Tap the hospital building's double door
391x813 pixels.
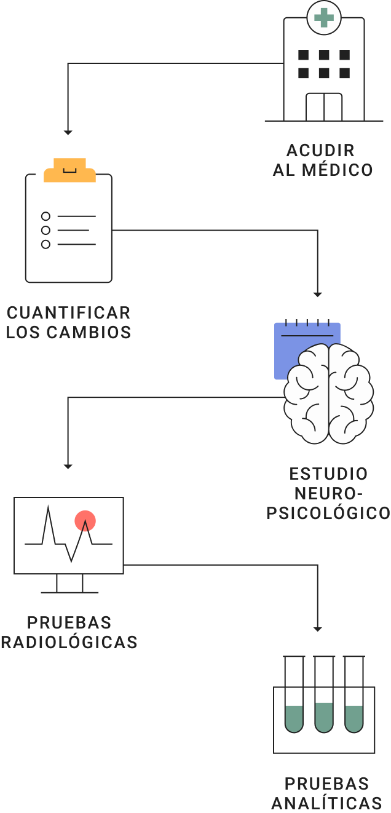point(324,107)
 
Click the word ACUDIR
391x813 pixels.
point(320,151)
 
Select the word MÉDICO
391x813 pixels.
point(338,170)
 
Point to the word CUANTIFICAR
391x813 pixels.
point(68,312)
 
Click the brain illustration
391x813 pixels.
point(329,394)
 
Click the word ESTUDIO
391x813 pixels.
point(328,474)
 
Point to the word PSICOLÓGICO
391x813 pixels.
point(328,513)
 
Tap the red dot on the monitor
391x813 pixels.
point(85,521)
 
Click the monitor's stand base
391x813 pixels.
point(69,592)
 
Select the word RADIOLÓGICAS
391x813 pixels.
point(69,642)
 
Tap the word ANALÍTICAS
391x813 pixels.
point(326,803)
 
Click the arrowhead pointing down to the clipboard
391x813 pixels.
point(68,132)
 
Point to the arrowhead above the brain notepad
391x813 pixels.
point(317,295)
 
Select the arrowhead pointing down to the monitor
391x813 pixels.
point(68,466)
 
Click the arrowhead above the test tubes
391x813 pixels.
point(317,629)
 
